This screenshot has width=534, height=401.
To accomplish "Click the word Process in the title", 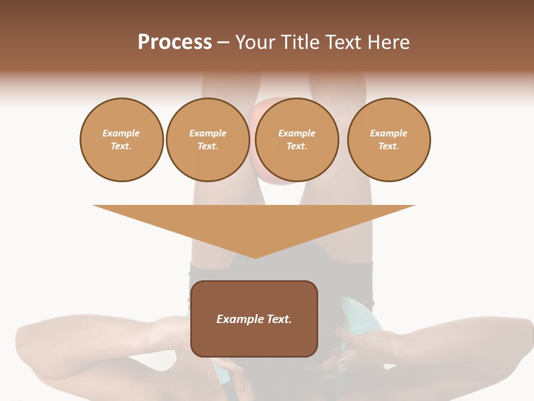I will point(175,42).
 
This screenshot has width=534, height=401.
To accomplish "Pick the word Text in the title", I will point(344,42).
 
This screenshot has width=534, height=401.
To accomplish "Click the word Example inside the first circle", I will point(121,133).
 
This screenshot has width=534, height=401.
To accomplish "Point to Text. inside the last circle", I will point(389,146).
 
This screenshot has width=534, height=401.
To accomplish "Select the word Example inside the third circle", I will point(296,133).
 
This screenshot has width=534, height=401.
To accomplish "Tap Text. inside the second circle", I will point(208,146).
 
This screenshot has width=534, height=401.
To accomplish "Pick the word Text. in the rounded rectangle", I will point(279,319).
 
